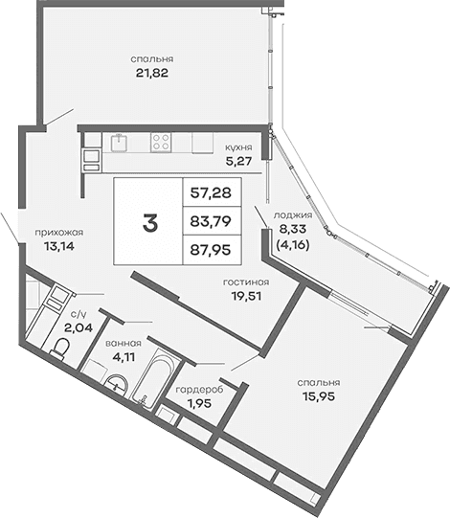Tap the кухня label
click(237, 147)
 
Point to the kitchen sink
click(120, 143)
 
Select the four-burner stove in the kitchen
click(160, 143)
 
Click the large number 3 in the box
click(149, 224)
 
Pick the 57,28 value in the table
click(211, 193)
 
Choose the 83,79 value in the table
click(211, 224)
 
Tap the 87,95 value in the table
click(211, 254)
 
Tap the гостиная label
click(245, 282)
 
